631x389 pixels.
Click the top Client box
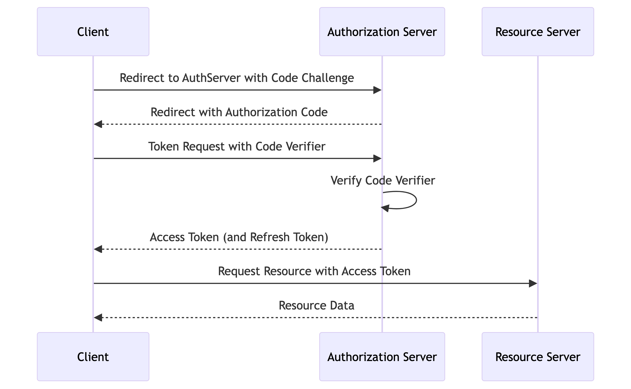[x=93, y=32]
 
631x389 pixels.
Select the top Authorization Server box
[x=382, y=32]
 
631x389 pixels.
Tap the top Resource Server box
[x=538, y=32]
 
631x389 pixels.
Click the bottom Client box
[x=93, y=357]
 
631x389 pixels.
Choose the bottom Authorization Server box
[x=382, y=357]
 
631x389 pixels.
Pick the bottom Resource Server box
[x=538, y=357]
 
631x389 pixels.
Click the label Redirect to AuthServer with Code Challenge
[x=237, y=78]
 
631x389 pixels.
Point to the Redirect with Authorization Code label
[x=239, y=112]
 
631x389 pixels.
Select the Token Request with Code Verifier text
[x=237, y=146]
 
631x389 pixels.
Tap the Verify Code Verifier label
[x=383, y=180]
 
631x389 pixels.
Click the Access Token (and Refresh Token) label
[x=239, y=237]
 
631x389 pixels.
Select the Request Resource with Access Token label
[x=314, y=271]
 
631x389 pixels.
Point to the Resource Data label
[x=316, y=305]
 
